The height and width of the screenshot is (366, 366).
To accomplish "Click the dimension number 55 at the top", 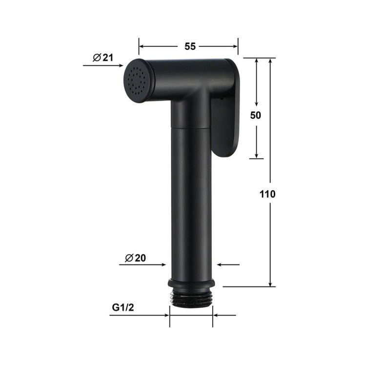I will (190, 46).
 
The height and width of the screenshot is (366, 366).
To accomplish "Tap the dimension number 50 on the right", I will (256, 115).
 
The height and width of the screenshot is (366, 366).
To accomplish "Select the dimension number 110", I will (267, 194).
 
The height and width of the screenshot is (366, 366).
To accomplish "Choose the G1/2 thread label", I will (122, 307).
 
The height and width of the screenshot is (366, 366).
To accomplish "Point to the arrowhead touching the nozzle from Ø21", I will (120, 65).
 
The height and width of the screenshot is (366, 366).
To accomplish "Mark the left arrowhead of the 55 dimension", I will (142, 47).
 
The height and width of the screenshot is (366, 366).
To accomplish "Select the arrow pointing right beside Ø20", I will (164, 265).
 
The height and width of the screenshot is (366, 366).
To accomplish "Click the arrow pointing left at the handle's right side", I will (220, 265).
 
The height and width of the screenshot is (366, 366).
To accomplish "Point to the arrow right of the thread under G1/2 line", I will (216, 315).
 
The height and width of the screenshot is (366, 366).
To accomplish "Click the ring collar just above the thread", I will (191, 283).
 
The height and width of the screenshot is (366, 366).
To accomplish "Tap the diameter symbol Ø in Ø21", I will (97, 58).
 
